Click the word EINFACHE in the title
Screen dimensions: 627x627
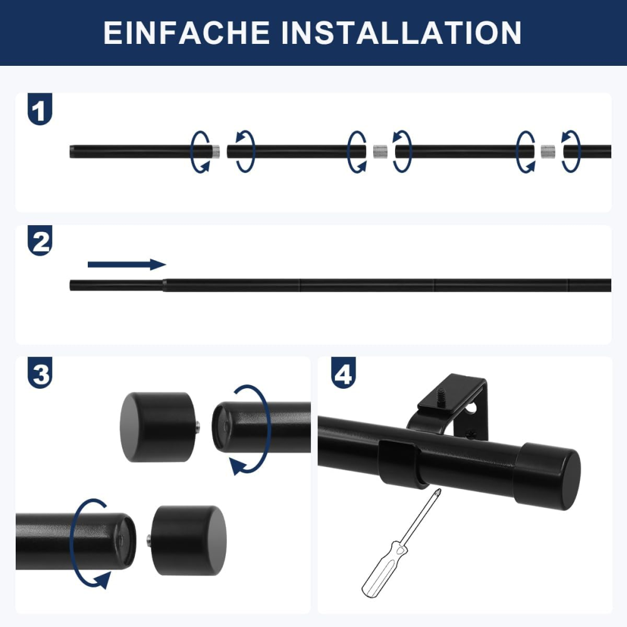point(187,33)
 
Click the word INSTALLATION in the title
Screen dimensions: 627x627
point(401,33)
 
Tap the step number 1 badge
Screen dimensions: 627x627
point(40,108)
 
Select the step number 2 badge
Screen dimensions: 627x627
point(40,240)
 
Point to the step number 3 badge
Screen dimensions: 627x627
point(40,372)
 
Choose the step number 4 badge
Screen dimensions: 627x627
point(343,372)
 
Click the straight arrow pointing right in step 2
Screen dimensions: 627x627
point(127,265)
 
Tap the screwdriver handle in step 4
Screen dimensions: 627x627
point(380,569)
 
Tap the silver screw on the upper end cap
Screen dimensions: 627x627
point(198,428)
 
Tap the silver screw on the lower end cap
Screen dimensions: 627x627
point(149,540)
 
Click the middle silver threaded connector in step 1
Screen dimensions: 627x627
point(381,152)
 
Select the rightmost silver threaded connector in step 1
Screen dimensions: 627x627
point(548,152)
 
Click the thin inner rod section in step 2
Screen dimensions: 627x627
point(117,285)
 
